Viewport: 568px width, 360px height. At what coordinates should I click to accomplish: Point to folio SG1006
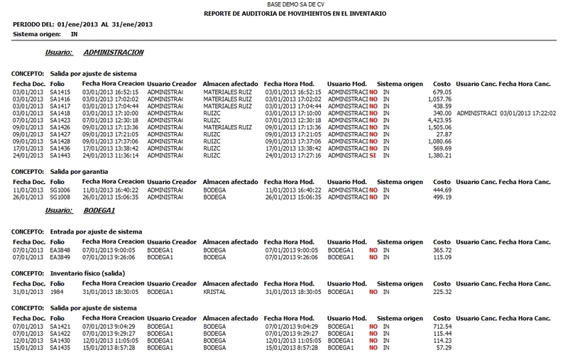[x=60, y=190]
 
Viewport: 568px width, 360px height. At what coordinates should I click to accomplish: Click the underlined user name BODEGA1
[x=99, y=211]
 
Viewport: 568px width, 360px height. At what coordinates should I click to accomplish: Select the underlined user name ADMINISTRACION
[x=114, y=53]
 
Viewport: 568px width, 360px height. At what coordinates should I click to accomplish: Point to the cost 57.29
[x=444, y=349]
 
